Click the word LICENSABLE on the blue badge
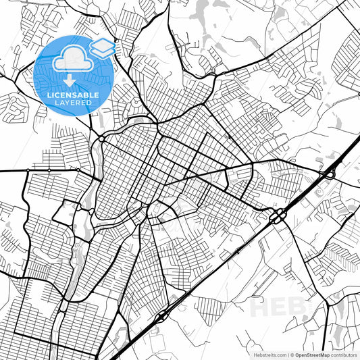[74, 95]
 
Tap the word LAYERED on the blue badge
[74, 102]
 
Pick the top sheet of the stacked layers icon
[102, 44]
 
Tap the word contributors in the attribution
[343, 354]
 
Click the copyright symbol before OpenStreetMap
[291, 354]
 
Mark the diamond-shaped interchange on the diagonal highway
[163, 316]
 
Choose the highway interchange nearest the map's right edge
[328, 174]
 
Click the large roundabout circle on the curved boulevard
[100, 138]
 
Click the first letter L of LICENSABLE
[49, 95]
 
